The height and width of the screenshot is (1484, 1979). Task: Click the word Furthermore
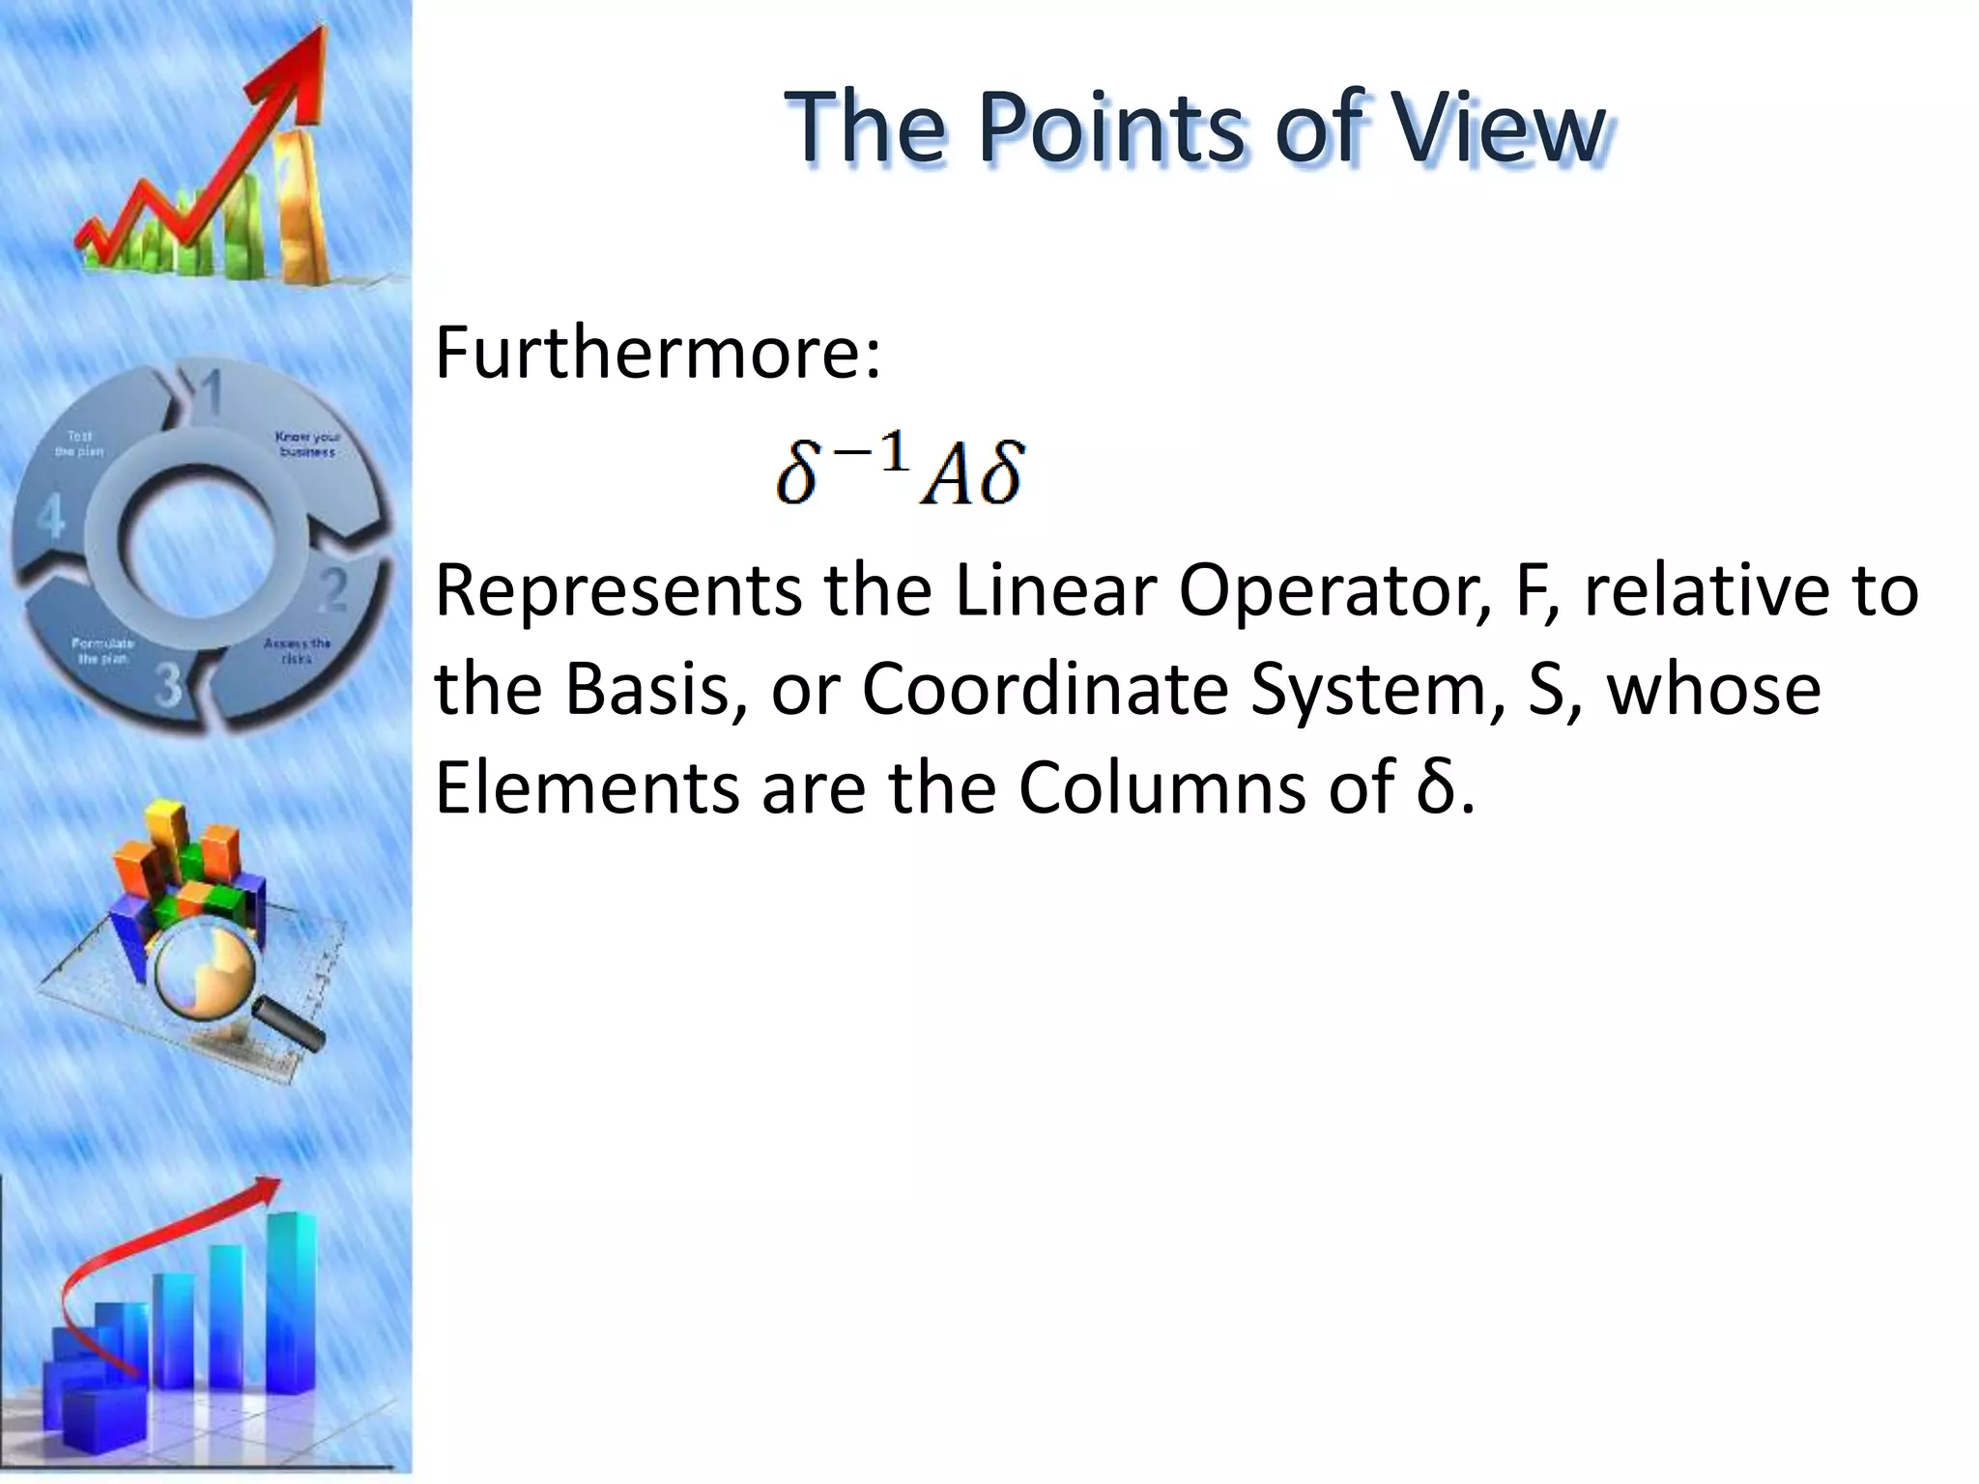tap(657, 353)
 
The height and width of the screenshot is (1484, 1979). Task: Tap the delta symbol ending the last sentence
tap(1436, 787)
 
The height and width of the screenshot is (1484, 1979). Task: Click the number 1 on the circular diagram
tap(210, 391)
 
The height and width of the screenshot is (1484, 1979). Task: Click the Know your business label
tap(307, 444)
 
